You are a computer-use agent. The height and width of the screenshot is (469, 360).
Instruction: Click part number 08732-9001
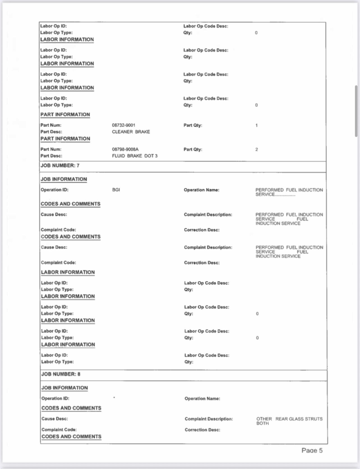click(x=124, y=125)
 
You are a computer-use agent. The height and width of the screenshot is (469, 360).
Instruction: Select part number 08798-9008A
click(x=125, y=149)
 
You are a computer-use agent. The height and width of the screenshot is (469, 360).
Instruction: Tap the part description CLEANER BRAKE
click(x=131, y=132)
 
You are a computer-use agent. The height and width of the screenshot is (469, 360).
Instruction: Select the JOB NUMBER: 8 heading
click(x=61, y=374)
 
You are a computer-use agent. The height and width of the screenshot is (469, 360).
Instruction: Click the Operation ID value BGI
click(x=116, y=190)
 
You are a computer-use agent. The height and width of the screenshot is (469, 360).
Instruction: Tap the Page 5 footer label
click(x=312, y=450)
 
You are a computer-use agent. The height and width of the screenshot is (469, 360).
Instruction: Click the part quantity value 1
click(x=256, y=125)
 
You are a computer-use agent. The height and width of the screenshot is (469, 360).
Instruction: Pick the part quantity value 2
click(x=256, y=149)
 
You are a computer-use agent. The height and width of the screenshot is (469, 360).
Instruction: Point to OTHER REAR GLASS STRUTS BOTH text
click(x=289, y=421)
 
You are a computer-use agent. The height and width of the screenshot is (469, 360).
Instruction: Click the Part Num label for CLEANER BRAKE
click(x=51, y=125)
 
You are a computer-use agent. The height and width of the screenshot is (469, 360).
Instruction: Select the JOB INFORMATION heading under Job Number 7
click(x=64, y=179)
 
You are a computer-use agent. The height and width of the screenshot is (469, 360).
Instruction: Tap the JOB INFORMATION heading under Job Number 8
click(x=65, y=388)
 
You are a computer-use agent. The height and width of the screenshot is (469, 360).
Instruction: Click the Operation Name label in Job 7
click(x=202, y=190)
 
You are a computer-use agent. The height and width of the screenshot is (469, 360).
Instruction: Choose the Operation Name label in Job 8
click(x=202, y=398)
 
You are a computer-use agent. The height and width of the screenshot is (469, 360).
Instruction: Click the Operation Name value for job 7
click(x=289, y=192)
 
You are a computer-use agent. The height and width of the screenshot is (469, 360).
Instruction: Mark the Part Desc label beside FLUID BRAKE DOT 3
click(x=51, y=156)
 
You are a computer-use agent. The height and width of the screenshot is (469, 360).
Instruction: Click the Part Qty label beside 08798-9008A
click(x=193, y=149)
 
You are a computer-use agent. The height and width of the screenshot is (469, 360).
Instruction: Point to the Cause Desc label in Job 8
click(x=55, y=419)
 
